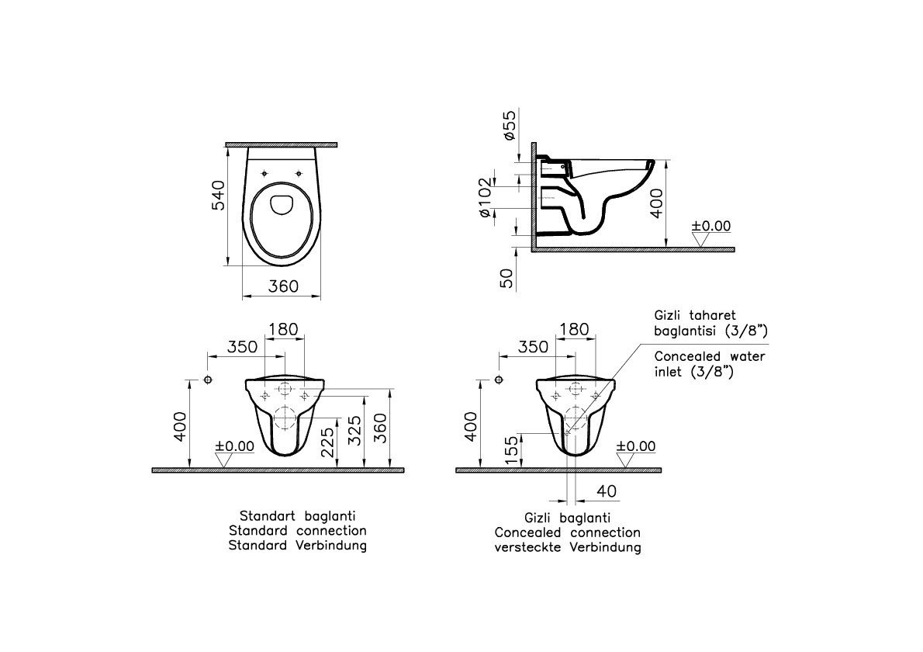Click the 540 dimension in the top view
[x=217, y=195]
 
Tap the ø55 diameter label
[x=509, y=125]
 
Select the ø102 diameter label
[x=484, y=197]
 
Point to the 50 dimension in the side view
[x=506, y=278]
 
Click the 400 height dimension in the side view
[x=657, y=203]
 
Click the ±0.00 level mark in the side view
[x=710, y=226]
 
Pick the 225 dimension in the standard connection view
[x=327, y=442]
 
